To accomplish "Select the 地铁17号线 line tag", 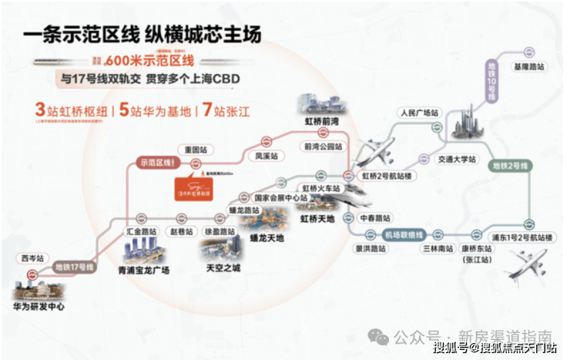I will click(x=74, y=267).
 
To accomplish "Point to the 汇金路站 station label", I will click(x=142, y=230).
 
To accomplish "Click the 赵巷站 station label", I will click(x=183, y=230).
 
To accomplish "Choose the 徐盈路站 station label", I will click(x=220, y=230).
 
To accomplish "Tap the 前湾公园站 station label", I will click(x=321, y=145).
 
